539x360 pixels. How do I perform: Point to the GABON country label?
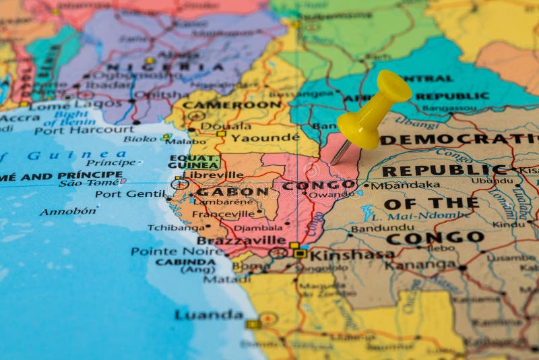coord(233,192)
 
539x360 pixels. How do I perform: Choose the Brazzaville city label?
coord(241,240)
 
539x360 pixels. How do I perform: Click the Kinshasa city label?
coord(351,254)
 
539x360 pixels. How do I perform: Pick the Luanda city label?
coord(209,315)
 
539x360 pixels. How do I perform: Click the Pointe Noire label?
coord(168,251)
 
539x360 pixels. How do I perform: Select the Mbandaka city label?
coord(405,185)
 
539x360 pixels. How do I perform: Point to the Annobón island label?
coord(67,212)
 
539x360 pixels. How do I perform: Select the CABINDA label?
coord(186,262)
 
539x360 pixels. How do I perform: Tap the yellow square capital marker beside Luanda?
coord(253,324)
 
